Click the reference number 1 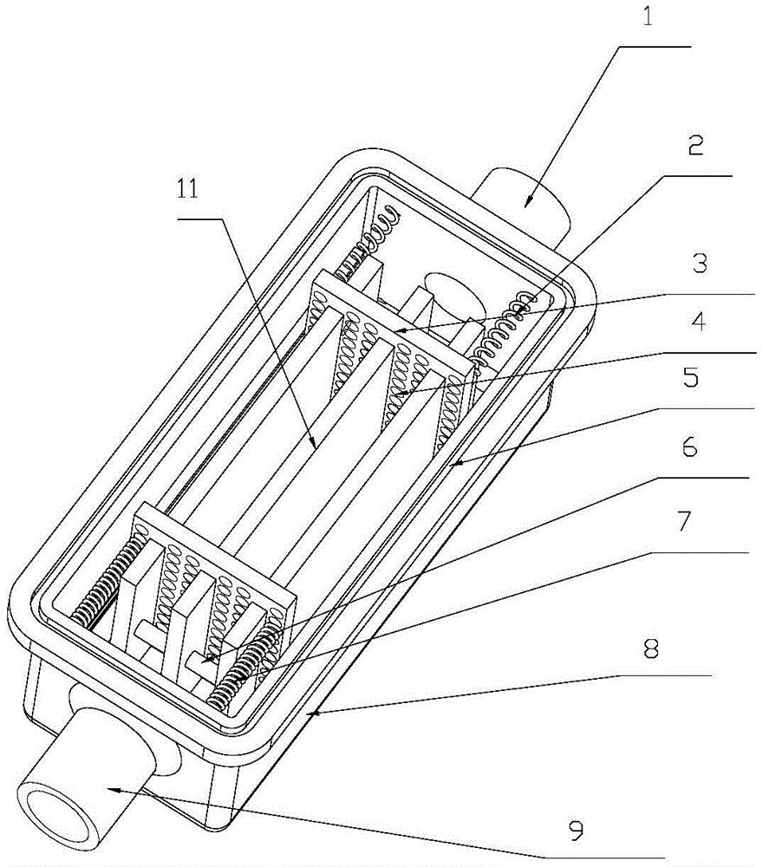click(647, 15)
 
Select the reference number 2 click(695, 145)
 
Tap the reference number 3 click(700, 264)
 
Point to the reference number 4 click(699, 322)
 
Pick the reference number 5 click(691, 378)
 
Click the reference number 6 click(689, 447)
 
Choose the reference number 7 click(684, 521)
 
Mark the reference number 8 click(651, 648)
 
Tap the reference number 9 click(576, 830)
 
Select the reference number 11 click(187, 190)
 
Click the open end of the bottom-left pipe click(55, 819)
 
